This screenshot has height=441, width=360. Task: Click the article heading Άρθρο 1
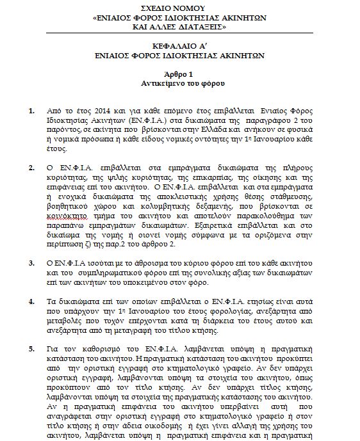click(x=179, y=74)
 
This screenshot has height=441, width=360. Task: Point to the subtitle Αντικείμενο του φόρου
click(x=179, y=83)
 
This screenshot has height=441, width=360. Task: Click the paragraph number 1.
click(x=32, y=111)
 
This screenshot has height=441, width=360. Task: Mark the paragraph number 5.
click(x=32, y=349)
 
